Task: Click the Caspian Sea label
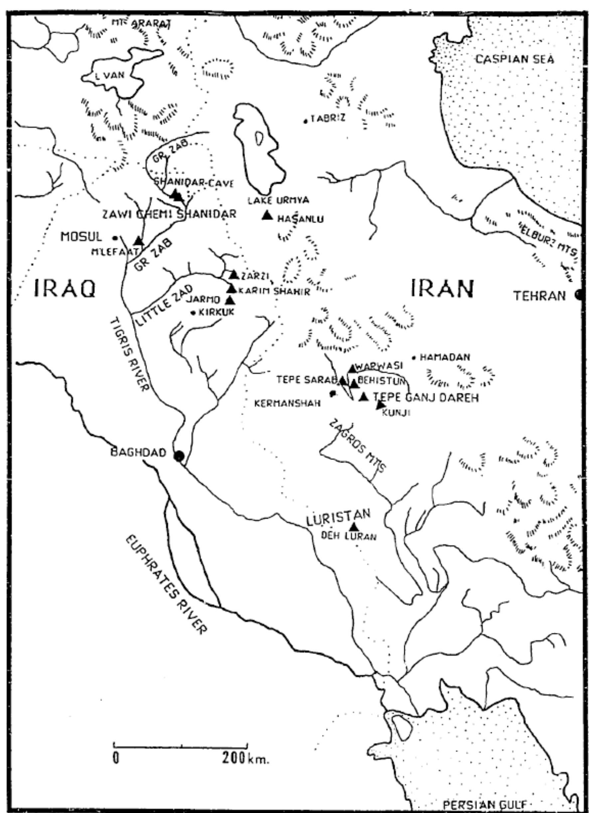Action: [515, 59]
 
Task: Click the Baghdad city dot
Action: [179, 456]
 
